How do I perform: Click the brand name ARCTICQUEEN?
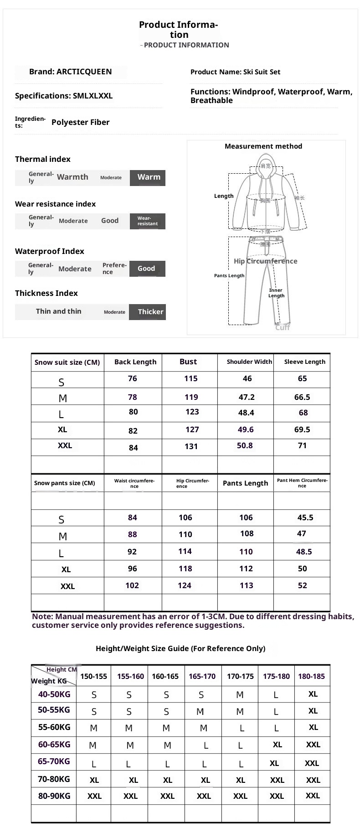(x=84, y=72)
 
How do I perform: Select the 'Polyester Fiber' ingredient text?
(x=80, y=122)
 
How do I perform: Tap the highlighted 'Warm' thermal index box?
(x=148, y=177)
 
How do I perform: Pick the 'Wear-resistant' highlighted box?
(x=148, y=221)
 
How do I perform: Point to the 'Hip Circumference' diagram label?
(x=265, y=261)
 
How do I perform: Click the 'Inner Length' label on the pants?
(x=276, y=293)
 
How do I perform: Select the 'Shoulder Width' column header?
(x=249, y=362)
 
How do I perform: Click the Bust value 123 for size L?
(x=192, y=412)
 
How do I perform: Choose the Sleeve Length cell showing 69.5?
(x=302, y=429)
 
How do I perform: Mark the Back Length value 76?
(x=133, y=379)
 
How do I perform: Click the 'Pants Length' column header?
(x=245, y=483)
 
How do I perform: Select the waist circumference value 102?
(x=132, y=585)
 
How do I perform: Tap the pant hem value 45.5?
(x=305, y=517)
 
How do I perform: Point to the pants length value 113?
(x=246, y=585)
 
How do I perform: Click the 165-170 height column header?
(x=202, y=676)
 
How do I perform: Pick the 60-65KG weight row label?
(x=54, y=745)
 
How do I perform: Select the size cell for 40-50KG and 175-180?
(x=276, y=695)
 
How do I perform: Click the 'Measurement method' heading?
(x=263, y=146)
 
